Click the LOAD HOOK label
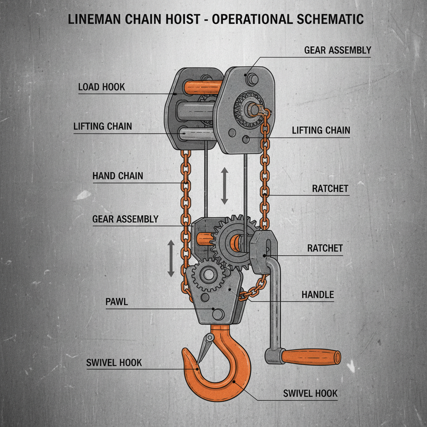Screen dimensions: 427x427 pos(101,87)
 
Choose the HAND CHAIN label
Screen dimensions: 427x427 pos(118,176)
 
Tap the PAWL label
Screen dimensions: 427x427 pos(117,302)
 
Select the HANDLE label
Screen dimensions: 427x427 pos(318,295)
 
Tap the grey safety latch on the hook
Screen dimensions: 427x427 pos(205,344)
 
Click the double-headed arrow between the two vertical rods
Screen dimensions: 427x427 pos(224,186)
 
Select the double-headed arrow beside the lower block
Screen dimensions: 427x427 pos(171,258)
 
